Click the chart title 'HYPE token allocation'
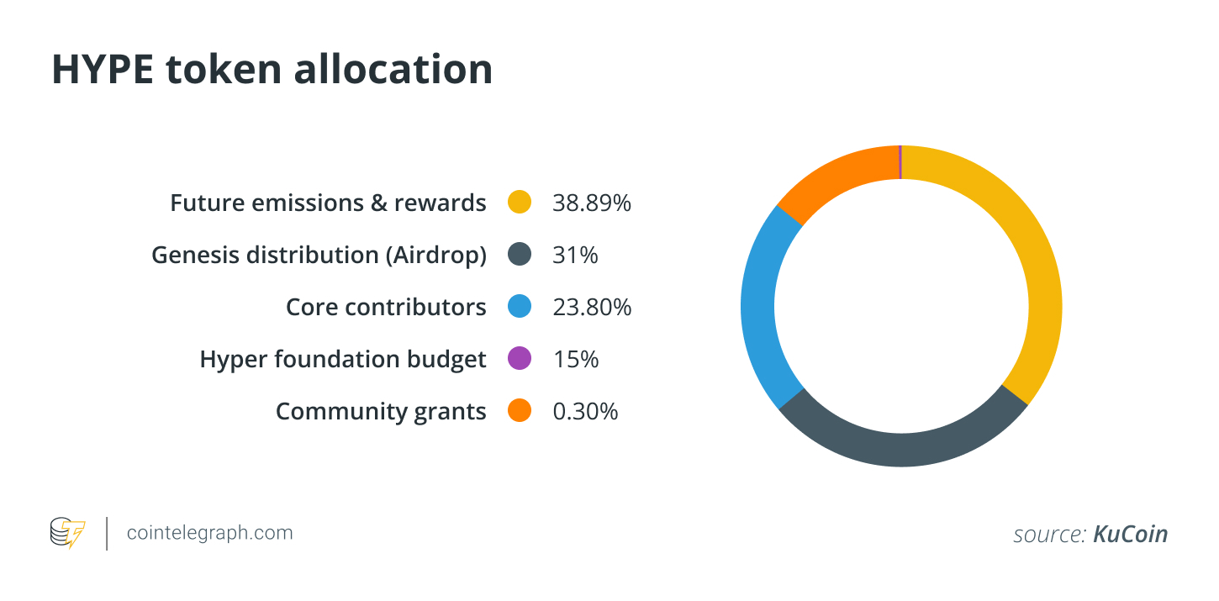(272, 70)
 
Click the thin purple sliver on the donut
(900, 161)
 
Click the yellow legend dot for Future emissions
(520, 203)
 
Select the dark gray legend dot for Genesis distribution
(520, 255)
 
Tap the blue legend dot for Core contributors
(520, 307)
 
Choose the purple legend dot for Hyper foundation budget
(520, 359)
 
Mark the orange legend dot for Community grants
(520, 411)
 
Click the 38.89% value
(591, 203)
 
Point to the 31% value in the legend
(575, 255)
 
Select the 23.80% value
(591, 307)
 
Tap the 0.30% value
(585, 411)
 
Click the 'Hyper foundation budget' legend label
(342, 360)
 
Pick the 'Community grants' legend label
(380, 412)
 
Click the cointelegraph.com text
(209, 533)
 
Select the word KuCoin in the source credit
(1130, 534)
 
